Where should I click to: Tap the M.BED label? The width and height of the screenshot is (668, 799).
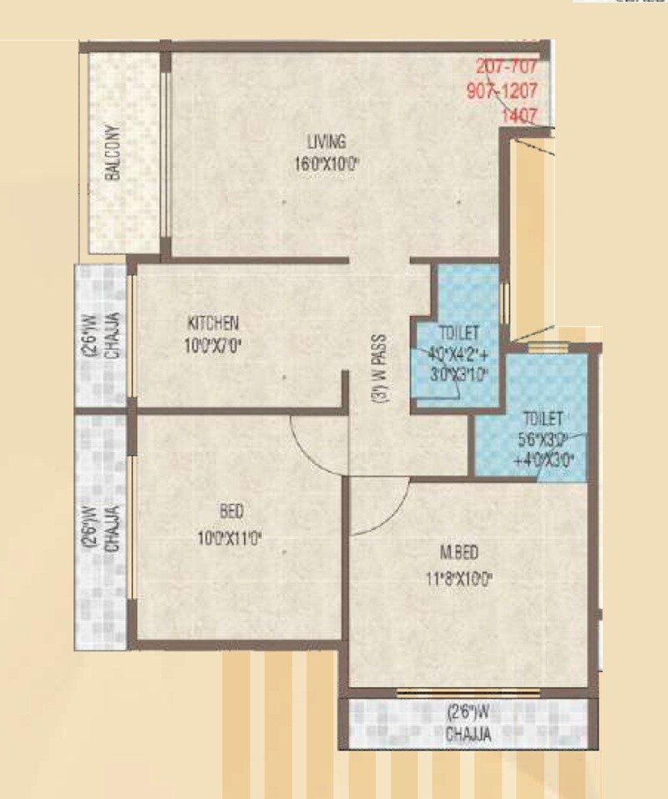coord(459,551)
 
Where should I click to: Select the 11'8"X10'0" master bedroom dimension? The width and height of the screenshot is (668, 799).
coord(460,577)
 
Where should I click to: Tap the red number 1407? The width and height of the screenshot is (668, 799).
coord(518,117)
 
